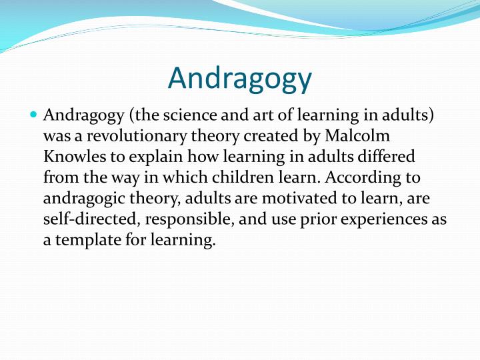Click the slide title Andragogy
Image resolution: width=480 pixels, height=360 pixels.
pyautogui.click(x=240, y=78)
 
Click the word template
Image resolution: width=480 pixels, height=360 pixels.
pyautogui.click(x=87, y=240)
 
